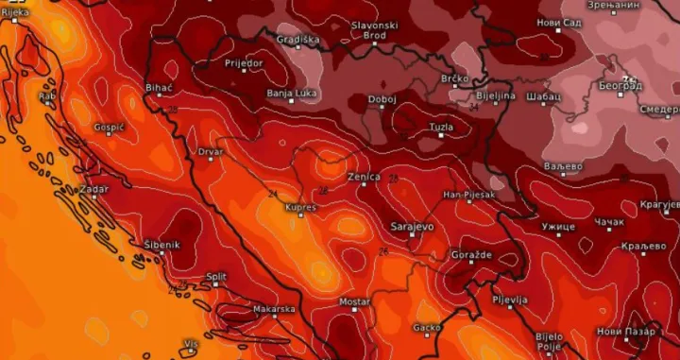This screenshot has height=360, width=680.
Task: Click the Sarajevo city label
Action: tap(412, 228)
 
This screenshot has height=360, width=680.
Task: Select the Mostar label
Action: tap(354, 301)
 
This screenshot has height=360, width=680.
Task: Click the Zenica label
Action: tap(364, 177)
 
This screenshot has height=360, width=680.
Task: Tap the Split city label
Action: tap(216, 277)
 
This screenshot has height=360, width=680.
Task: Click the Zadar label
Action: tap(94, 189)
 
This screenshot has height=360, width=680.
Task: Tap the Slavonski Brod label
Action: tap(375, 29)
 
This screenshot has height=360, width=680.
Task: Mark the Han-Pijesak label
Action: tap(469, 195)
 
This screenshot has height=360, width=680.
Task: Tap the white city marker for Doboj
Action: tap(382, 108)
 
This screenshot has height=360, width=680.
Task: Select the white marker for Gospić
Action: tap(109, 135)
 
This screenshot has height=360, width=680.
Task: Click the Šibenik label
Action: tap(161, 245)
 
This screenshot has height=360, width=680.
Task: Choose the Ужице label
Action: tap(558, 228)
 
